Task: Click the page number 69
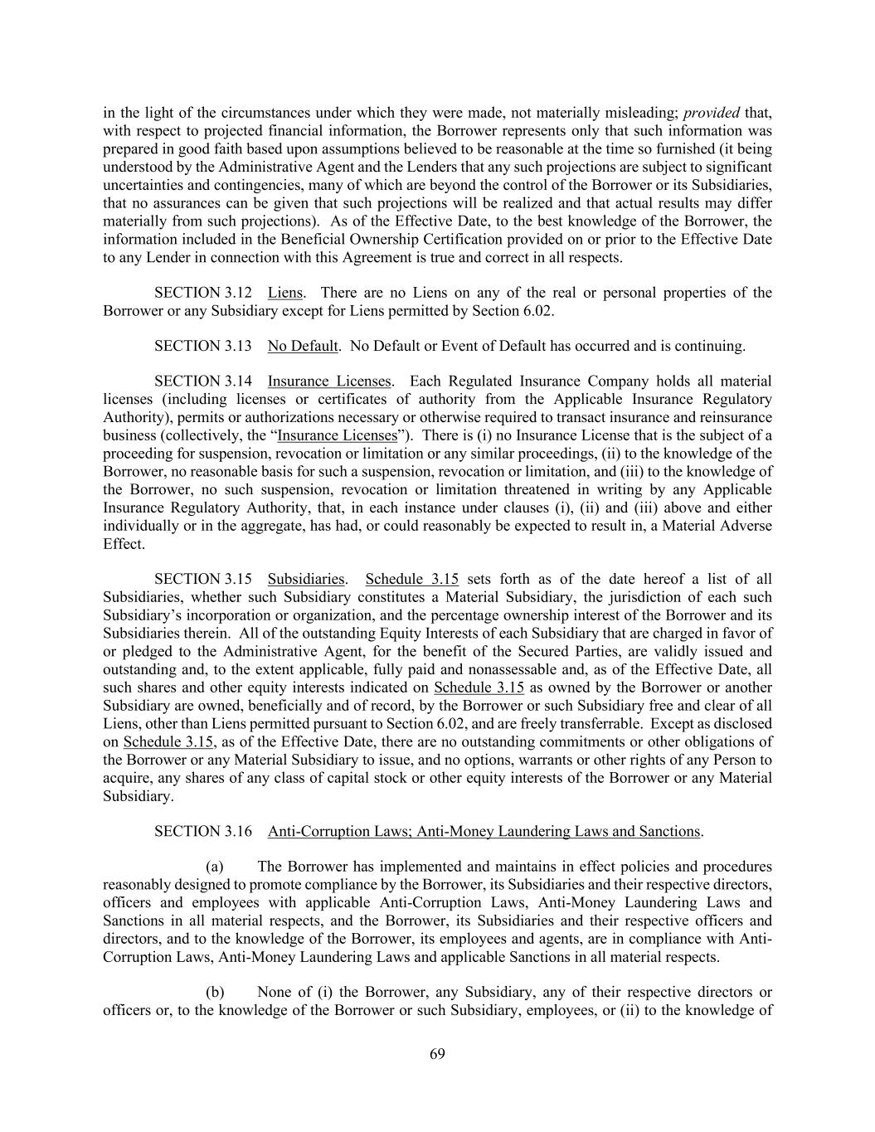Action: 438,1054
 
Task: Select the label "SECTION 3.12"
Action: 203,293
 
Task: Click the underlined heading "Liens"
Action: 284,293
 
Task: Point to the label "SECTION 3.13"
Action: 203,346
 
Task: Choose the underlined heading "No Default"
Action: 302,346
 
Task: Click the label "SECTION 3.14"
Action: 203,381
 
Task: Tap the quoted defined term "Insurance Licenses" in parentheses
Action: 337,435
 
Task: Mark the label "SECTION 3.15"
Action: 203,579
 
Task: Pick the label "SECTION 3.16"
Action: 203,831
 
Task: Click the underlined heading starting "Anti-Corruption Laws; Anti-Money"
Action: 484,831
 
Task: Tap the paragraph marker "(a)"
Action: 214,867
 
